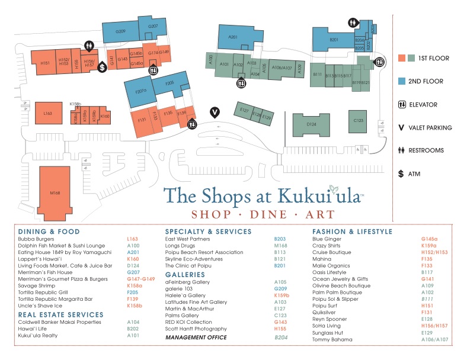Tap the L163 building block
click(x=48, y=112)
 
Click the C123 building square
click(x=358, y=120)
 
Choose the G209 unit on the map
click(x=121, y=31)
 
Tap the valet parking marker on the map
click(x=215, y=111)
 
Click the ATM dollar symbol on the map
click(x=103, y=67)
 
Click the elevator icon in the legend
click(x=401, y=105)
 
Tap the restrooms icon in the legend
click(x=401, y=150)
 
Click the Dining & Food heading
click(x=49, y=232)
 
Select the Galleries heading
click(x=185, y=275)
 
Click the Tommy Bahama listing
click(x=332, y=339)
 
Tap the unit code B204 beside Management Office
click(x=280, y=337)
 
